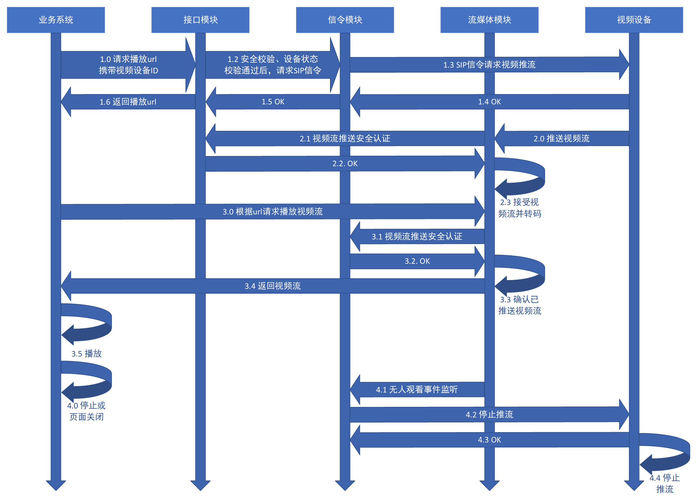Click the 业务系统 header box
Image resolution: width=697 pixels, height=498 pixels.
(56, 20)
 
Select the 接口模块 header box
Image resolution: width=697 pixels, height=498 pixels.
(200, 20)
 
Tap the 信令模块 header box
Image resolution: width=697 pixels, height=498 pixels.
(345, 20)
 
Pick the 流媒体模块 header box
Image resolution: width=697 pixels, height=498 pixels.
(489, 20)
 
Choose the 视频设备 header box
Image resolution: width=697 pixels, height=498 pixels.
(634, 20)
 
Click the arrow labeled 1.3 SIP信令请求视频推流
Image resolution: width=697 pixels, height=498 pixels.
(489, 65)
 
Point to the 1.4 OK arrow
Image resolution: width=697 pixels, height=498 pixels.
(489, 102)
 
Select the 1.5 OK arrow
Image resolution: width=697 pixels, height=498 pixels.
(273, 102)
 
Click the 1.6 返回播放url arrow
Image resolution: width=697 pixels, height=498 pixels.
(128, 102)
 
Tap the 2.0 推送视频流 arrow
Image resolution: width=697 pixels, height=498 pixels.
(561, 139)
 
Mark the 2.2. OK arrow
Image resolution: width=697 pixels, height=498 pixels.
(345, 164)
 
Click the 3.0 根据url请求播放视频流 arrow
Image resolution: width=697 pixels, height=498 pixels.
(273, 212)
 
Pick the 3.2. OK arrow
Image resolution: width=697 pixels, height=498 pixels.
(417, 261)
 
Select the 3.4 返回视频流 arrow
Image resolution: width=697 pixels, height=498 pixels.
(273, 286)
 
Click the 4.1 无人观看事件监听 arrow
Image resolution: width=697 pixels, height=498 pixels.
(417, 389)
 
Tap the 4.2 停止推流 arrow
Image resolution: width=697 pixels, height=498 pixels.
(489, 414)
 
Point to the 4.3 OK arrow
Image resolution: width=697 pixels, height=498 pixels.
(489, 440)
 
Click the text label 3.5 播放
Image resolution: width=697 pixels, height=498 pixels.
(87, 354)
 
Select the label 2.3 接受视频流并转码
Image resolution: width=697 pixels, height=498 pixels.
(520, 208)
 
